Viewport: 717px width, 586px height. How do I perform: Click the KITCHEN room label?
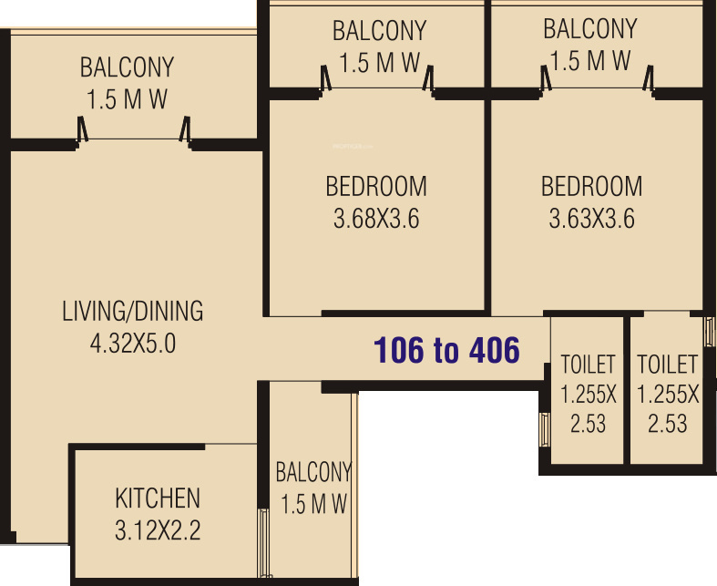click(158, 499)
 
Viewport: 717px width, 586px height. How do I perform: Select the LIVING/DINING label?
click(133, 311)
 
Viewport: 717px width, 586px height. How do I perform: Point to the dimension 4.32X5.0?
click(133, 344)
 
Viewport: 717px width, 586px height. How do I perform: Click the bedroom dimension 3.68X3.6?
click(376, 220)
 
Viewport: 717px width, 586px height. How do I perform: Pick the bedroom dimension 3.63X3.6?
click(591, 220)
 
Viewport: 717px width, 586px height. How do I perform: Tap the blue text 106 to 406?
click(447, 350)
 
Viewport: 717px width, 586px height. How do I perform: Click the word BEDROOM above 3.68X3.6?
click(376, 187)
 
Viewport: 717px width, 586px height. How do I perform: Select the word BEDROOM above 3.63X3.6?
click(591, 187)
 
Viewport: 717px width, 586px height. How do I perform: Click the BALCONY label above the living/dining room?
click(127, 68)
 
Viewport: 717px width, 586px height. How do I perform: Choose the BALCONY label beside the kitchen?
click(313, 472)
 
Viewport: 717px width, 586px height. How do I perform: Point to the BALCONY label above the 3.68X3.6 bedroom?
click(379, 31)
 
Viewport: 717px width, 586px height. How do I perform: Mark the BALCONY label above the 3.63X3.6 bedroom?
click(589, 29)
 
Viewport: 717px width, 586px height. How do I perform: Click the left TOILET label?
click(588, 365)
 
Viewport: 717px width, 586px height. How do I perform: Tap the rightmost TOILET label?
click(667, 365)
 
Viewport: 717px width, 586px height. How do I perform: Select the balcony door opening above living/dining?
click(135, 139)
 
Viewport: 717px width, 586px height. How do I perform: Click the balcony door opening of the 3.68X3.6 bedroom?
click(377, 87)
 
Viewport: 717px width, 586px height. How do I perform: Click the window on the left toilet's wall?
click(545, 427)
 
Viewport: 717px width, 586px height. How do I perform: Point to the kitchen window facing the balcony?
click(265, 543)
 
